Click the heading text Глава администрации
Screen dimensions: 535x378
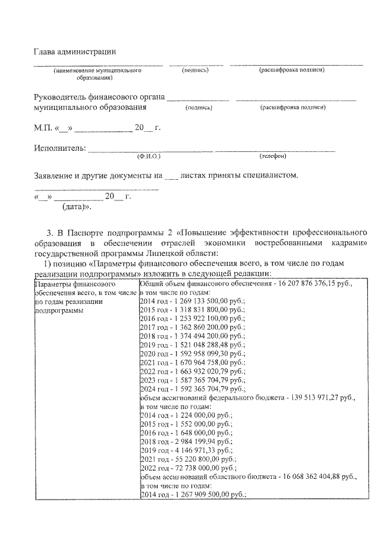(74, 53)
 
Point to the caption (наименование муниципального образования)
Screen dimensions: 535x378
(97, 74)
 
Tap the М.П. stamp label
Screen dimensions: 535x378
(43, 128)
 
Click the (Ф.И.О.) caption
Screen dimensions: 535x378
(148, 156)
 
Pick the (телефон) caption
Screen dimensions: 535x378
(272, 156)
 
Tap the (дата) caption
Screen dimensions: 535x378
(76, 207)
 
